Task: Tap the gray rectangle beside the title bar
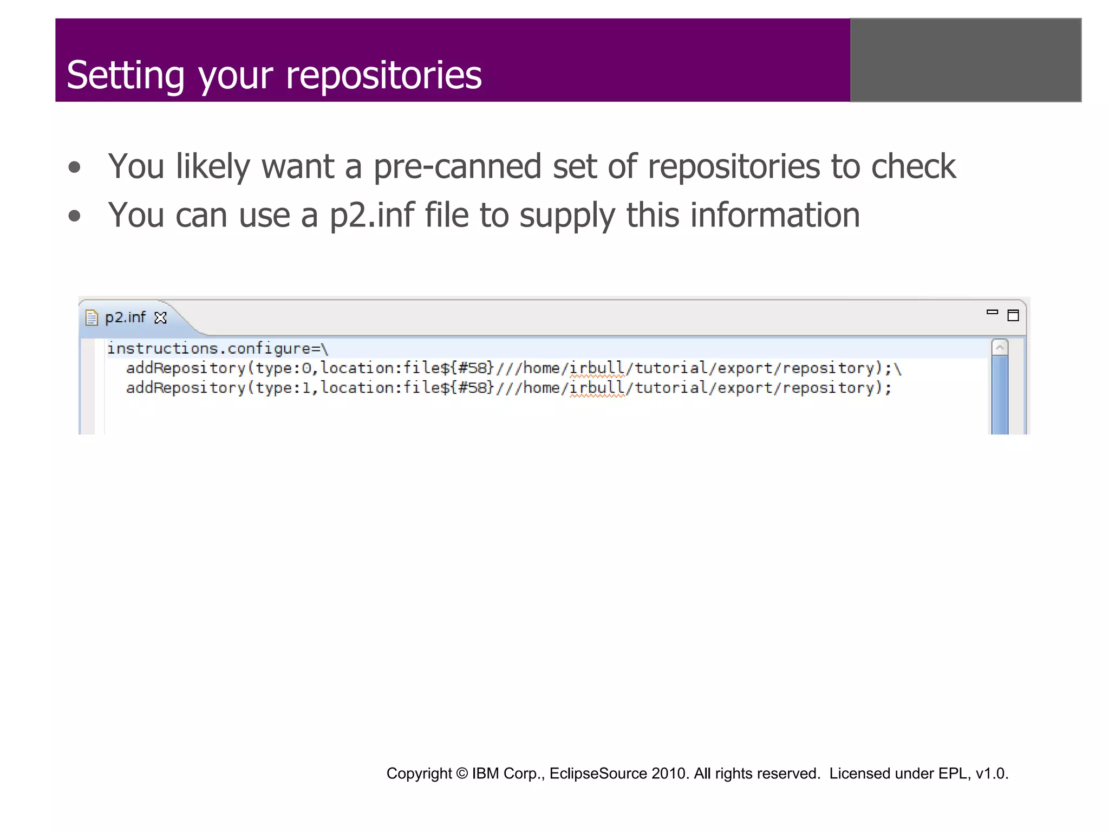tap(966, 60)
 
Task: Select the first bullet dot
tap(75, 167)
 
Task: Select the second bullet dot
tap(75, 216)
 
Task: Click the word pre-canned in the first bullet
tap(457, 166)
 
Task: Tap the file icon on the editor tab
tap(92, 317)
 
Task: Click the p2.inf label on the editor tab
tap(125, 317)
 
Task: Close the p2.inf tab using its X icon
tap(161, 317)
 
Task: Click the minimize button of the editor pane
tap(992, 312)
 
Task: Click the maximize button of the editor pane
tap(1013, 315)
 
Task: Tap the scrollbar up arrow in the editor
tap(1000, 347)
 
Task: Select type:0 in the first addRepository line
tap(284, 368)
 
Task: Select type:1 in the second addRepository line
tap(284, 388)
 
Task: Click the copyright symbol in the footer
tap(461, 773)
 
